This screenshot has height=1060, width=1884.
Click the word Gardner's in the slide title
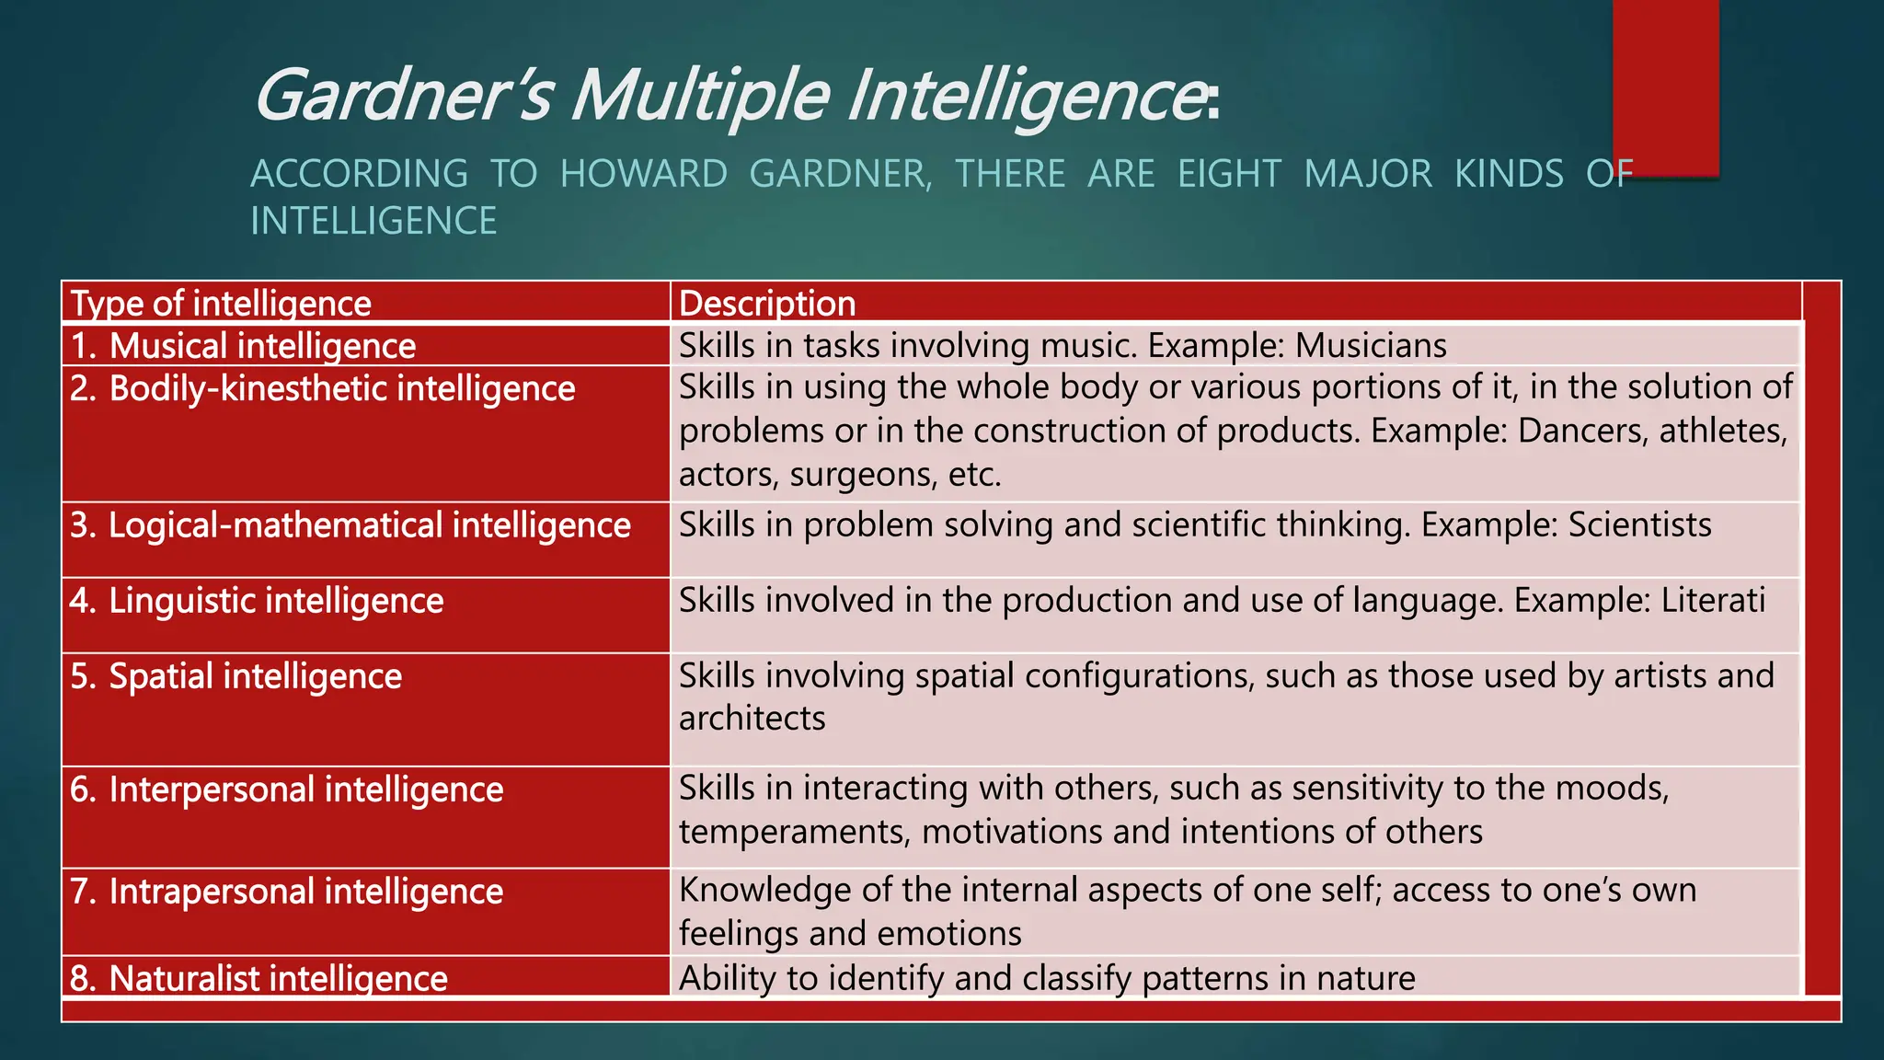[403, 96]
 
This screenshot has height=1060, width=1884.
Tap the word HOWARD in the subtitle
[644, 174]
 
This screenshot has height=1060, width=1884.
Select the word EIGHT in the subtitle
[1229, 174]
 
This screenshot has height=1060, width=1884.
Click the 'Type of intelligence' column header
[221, 304]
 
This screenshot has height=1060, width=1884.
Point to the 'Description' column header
[767, 304]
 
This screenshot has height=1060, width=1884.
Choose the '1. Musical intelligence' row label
[244, 346]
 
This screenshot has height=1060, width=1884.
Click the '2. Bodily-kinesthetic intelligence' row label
[323, 388]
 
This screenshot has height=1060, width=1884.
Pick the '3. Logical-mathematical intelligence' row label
[350, 525]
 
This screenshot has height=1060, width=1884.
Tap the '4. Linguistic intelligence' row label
[257, 601]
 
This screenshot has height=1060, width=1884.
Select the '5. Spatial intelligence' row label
[236, 676]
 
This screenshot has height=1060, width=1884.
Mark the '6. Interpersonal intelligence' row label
[287, 789]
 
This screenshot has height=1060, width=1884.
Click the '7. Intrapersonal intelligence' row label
[287, 892]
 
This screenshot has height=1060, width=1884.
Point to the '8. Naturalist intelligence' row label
[259, 978]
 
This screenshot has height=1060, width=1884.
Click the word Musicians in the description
[1371, 346]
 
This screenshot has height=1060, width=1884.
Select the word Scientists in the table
[1639, 524]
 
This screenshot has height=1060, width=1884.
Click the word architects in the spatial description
[752, 719]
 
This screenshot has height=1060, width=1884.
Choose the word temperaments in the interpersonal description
[795, 832]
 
